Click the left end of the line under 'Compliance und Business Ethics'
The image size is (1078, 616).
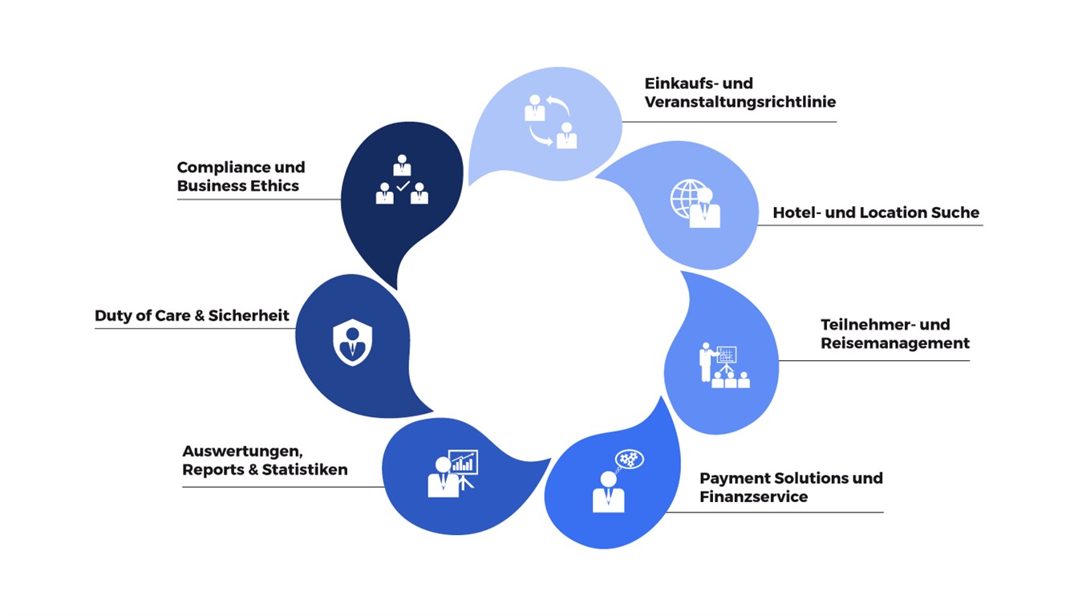pyautogui.click(x=177, y=199)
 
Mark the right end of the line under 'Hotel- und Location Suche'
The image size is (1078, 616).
pyautogui.click(x=983, y=225)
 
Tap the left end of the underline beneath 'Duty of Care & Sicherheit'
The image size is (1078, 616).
pyautogui.click(x=95, y=329)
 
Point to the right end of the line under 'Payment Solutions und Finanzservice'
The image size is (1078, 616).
pyautogui.click(x=883, y=512)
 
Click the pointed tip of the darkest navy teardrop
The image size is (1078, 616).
pyautogui.click(x=396, y=290)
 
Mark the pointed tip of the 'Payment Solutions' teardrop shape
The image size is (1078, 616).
pyautogui.click(x=661, y=396)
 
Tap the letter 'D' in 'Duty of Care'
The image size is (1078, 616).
pyautogui.click(x=100, y=316)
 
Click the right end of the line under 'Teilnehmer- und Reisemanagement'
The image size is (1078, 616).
pyautogui.click(x=969, y=360)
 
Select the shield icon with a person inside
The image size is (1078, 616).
pyautogui.click(x=353, y=342)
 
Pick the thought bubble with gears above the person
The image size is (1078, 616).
pyautogui.click(x=630, y=459)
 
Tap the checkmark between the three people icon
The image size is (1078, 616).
pyautogui.click(x=403, y=186)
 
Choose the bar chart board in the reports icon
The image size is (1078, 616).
pyautogui.click(x=463, y=462)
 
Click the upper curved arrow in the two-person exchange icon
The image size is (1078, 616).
pyautogui.click(x=558, y=105)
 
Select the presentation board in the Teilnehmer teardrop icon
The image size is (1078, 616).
pyautogui.click(x=726, y=355)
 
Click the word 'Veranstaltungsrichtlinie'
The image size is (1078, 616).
pyautogui.click(x=740, y=102)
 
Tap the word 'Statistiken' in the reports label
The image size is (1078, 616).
pyautogui.click(x=305, y=470)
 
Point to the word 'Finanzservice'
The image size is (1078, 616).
pyautogui.click(x=754, y=496)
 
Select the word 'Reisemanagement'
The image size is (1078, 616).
pyautogui.click(x=895, y=343)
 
